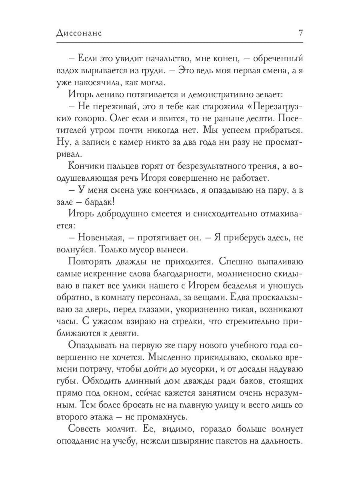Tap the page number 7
tap(300, 33)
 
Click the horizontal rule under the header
tap(180, 42)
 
